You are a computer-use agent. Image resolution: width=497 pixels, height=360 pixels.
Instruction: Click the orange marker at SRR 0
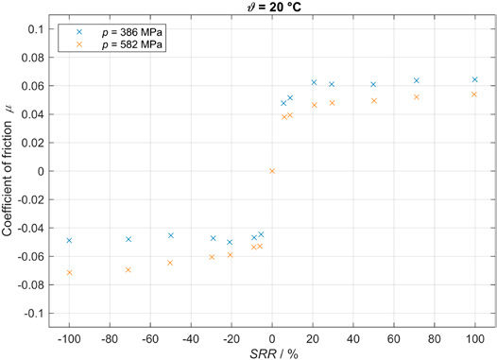272,171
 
